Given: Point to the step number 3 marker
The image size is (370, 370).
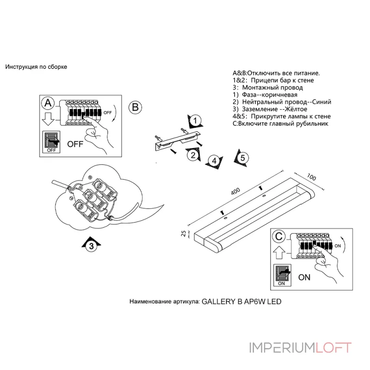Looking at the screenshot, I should pyautogui.click(x=92, y=246).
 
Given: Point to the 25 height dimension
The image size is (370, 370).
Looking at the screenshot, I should pyautogui.click(x=184, y=234).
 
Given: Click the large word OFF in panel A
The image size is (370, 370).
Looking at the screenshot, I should pyautogui.click(x=75, y=144).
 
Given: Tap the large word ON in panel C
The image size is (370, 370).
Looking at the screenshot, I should pyautogui.click(x=304, y=277).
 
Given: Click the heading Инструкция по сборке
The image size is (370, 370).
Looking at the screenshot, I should pyautogui.click(x=36, y=67).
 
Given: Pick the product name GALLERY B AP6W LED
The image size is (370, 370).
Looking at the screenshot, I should pyautogui.click(x=242, y=301).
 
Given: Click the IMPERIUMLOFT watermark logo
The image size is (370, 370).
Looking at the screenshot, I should pyautogui.click(x=300, y=347).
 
